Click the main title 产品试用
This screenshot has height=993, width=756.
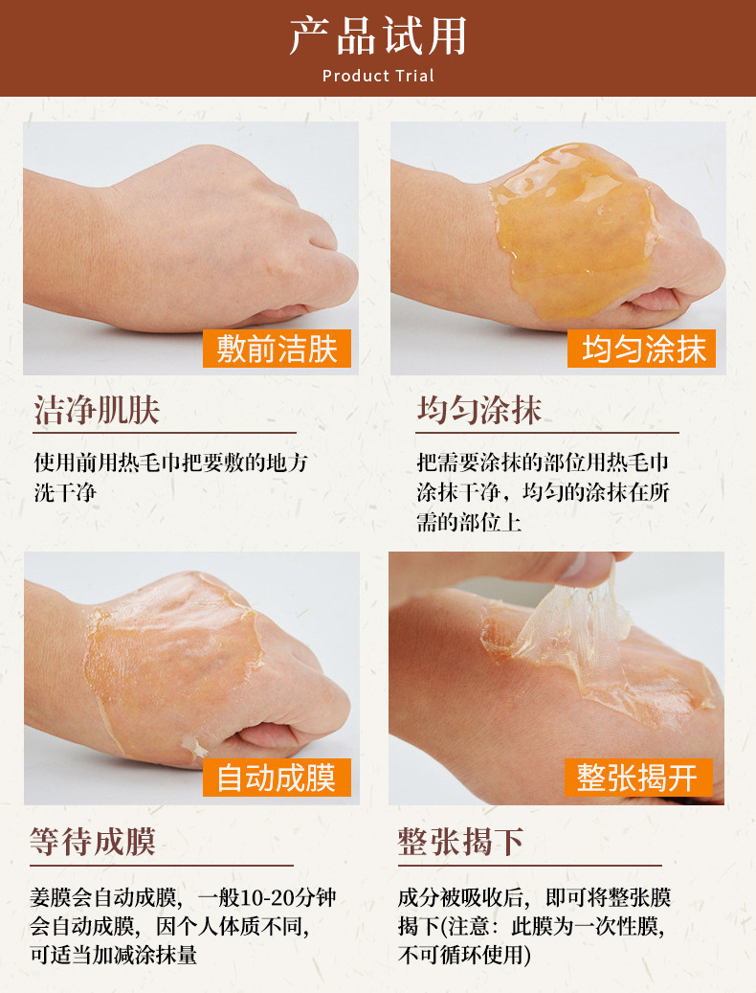coord(378,36)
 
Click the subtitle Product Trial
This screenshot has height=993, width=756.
coord(378,76)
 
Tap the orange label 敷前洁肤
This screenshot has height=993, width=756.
coord(277,349)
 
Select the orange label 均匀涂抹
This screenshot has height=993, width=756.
coord(641,349)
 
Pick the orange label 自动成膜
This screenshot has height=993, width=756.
coord(277,777)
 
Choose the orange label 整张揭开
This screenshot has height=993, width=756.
coord(638,777)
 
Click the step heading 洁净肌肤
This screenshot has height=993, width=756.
coord(97,410)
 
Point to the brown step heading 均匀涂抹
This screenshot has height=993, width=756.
coord(478,410)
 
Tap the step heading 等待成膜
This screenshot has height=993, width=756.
coord(93,842)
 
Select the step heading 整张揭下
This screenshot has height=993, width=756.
coord(460,842)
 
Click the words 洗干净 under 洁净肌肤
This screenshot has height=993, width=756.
coord(66,492)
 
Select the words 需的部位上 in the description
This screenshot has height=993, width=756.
coord(469,522)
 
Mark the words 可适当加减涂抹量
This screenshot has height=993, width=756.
coord(114,955)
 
